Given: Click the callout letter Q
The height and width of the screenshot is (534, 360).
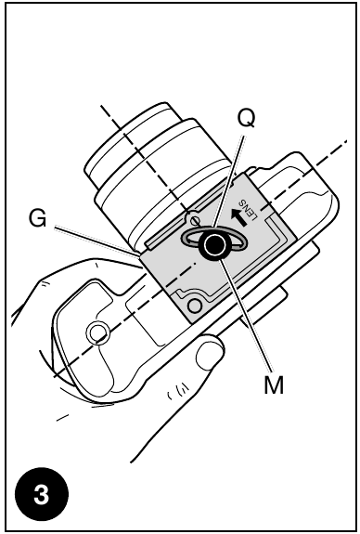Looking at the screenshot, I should tap(246, 121).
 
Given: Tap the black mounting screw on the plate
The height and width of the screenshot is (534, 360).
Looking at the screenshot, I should tap(216, 246).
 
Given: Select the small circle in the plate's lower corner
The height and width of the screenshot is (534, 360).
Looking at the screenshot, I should tap(192, 302).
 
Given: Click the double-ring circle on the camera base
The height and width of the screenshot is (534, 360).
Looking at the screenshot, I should tap(96, 332).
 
